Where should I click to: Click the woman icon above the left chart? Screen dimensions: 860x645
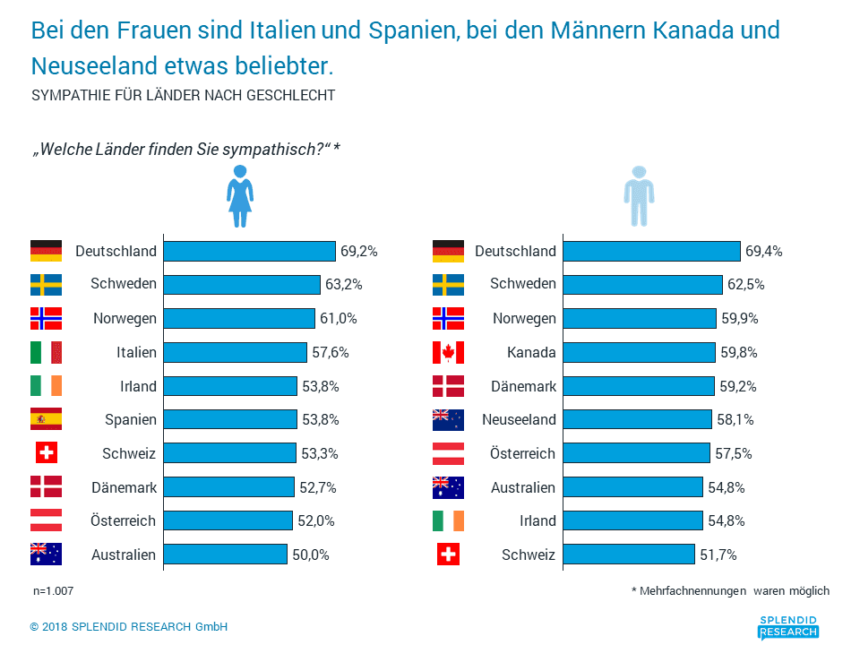point(240,196)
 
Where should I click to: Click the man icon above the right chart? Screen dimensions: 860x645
point(639,196)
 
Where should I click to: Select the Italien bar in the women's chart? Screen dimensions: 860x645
point(236,352)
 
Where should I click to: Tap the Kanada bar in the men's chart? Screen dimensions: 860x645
point(639,352)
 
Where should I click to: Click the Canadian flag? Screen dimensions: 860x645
point(448,352)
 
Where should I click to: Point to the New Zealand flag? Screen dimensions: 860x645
point(448,419)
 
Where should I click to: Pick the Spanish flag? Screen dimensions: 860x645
point(46,419)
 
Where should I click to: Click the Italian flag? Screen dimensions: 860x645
point(46,352)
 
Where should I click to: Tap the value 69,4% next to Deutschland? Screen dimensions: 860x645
point(763,251)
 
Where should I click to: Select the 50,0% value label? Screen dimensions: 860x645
point(311,555)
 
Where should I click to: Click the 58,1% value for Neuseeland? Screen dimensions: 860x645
point(735,419)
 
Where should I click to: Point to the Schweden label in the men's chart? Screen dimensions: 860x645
point(522,284)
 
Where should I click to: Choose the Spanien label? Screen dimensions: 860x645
point(131,419)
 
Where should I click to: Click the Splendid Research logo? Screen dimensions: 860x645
point(788,627)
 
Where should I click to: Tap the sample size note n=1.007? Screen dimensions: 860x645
point(53,590)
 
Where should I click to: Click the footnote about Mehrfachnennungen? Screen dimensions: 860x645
point(731,590)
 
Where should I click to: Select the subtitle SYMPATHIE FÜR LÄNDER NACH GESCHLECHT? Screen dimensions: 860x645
point(183,95)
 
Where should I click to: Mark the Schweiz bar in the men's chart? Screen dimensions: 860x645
point(629,554)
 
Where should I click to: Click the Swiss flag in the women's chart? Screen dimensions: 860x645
point(46,453)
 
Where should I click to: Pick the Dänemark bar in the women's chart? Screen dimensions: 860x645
point(228,487)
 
